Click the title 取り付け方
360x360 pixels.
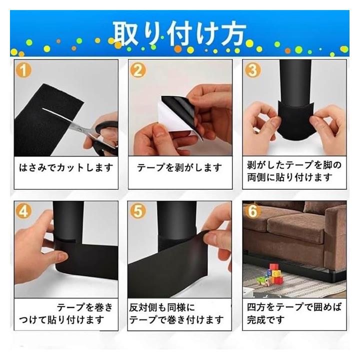click(x=179, y=34)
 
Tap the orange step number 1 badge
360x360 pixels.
click(x=23, y=70)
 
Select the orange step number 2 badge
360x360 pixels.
click(x=138, y=70)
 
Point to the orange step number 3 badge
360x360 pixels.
click(x=252, y=70)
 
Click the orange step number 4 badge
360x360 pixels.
click(x=23, y=211)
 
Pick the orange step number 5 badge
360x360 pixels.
click(x=138, y=211)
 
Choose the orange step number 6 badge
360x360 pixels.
click(x=252, y=211)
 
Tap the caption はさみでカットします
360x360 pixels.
click(x=66, y=167)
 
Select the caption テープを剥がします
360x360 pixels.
click(x=179, y=167)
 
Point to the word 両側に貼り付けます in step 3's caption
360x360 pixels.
click(x=289, y=177)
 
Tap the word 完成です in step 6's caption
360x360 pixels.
click(x=265, y=319)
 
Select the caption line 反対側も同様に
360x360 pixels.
click(x=162, y=307)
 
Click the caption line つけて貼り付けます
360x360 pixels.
click(x=61, y=319)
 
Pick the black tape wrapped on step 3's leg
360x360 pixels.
click(x=295, y=119)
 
